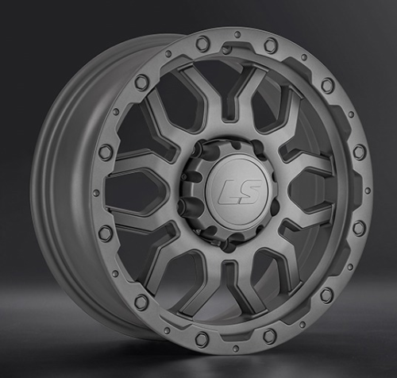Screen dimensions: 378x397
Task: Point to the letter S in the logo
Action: (x=241, y=190)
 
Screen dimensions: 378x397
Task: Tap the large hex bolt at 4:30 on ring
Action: (x=326, y=295)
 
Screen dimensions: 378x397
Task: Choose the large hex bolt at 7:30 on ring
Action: (x=142, y=302)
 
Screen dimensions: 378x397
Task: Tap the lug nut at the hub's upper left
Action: (x=196, y=156)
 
